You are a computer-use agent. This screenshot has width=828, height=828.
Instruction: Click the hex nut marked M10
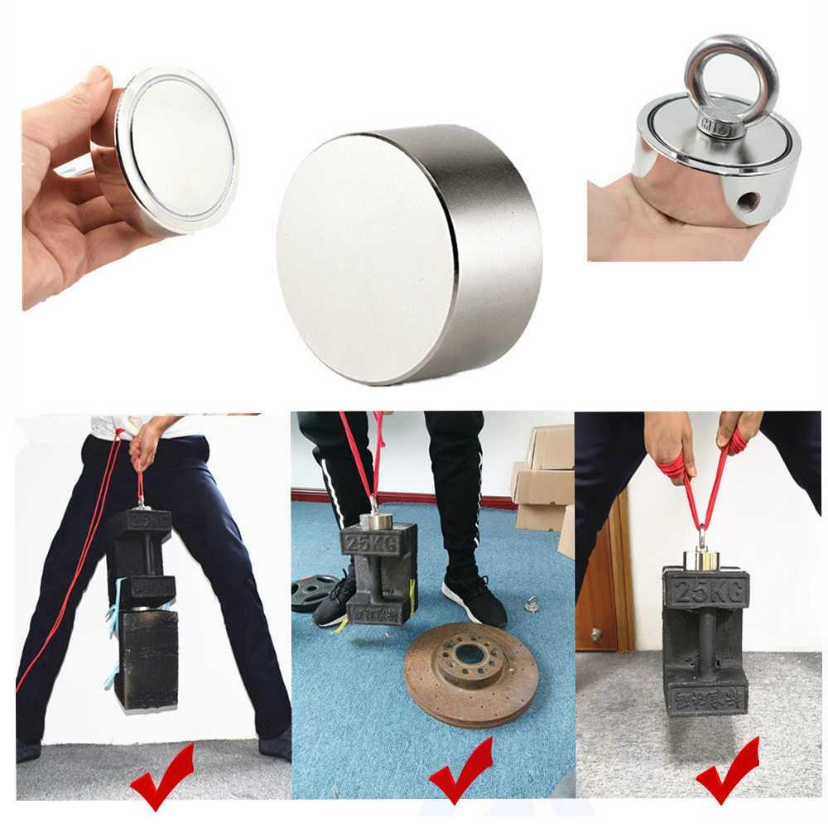tap(718, 126)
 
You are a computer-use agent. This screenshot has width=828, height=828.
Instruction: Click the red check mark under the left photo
tap(162, 775)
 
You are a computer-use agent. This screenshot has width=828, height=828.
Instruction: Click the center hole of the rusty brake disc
tap(470, 654)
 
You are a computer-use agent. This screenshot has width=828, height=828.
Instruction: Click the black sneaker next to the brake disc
tap(472, 600)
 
